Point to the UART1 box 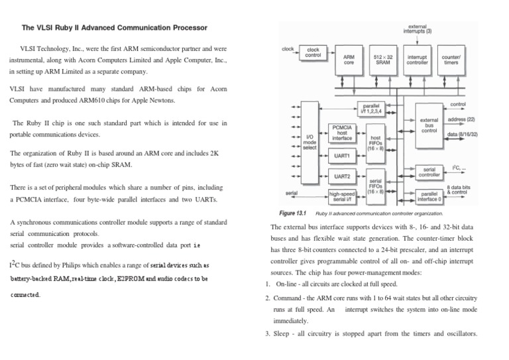[x=343, y=156]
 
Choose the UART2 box [x=343, y=176]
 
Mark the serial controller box [x=429, y=172]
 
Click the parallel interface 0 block [x=429, y=197]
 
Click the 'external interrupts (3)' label [x=418, y=29]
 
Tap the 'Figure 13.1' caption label [x=294, y=213]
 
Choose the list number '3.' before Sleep [x=267, y=333]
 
